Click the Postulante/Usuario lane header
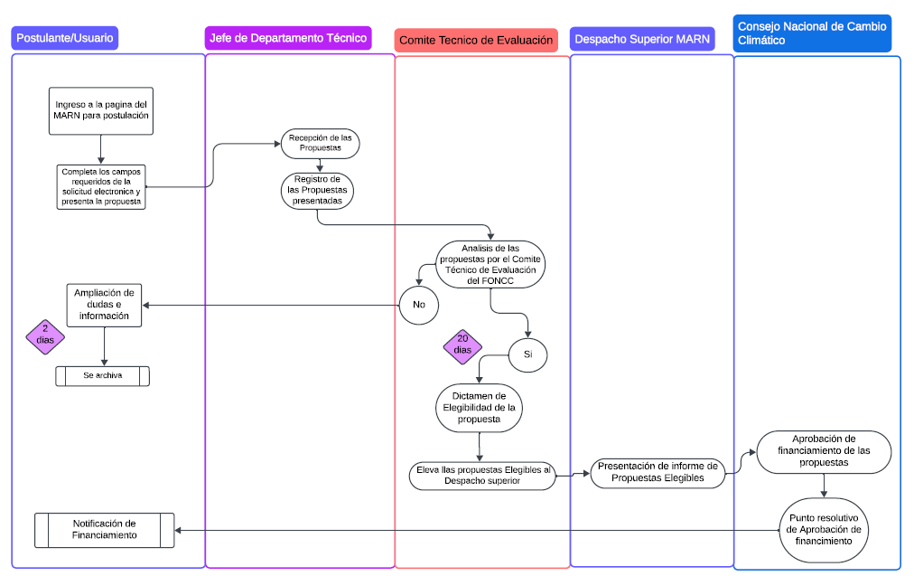pos(65,38)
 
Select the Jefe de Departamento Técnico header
pos(288,38)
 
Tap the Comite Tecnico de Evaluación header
pos(476,41)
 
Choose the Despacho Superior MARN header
pos(642,40)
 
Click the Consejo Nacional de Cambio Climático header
pos(812,33)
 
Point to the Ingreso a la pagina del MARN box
pos(102,110)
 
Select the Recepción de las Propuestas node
pos(321,143)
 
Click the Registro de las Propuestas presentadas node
pos(317,191)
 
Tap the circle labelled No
pos(419,304)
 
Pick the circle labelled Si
pos(528,354)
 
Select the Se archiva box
pos(102,375)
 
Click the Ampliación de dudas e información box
pos(104,305)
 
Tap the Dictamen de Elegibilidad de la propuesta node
pos(480,407)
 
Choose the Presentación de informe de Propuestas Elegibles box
pos(658,473)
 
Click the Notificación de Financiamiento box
pos(104,530)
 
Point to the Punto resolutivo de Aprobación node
pos(824,530)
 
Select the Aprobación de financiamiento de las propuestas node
pos(824,451)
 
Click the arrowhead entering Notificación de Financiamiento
pos(179,530)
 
